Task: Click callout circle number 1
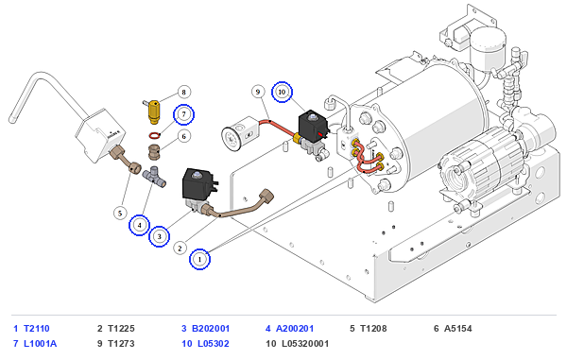199,259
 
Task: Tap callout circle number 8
183,93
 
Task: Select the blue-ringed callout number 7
183,114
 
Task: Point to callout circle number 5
120,213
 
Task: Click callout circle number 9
258,92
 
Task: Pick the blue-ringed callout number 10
282,92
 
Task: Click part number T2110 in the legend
37,329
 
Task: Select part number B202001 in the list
211,329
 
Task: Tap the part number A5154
457,329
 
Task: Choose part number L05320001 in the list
305,343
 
